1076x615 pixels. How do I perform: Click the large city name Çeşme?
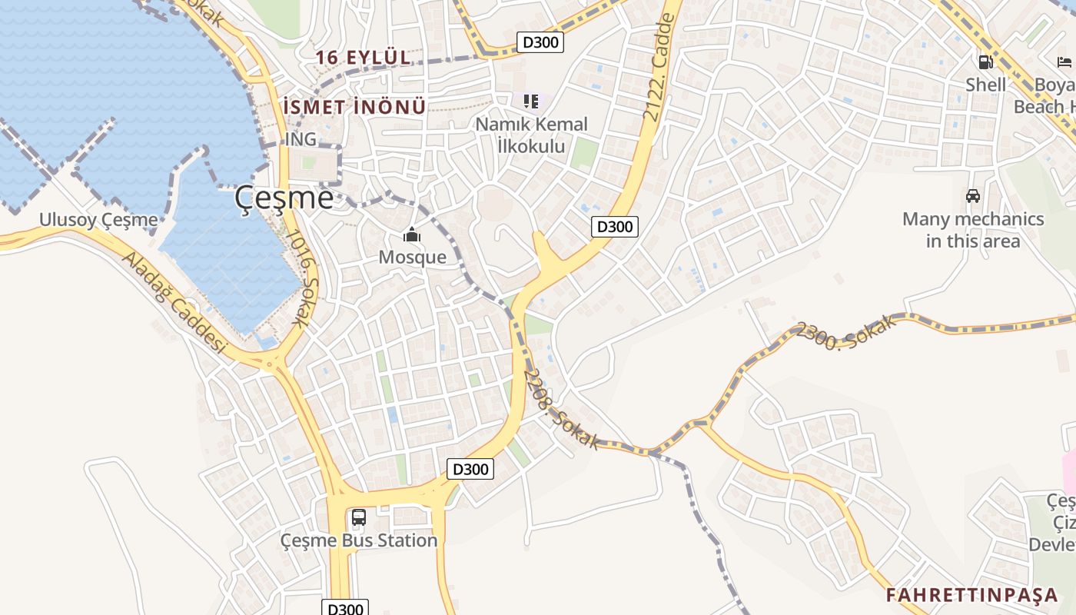point(284,199)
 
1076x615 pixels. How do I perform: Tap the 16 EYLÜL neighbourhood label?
point(362,58)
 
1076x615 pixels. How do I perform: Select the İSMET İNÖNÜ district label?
point(354,107)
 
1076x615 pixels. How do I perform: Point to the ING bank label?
point(300,139)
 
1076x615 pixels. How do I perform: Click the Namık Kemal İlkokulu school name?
point(531,135)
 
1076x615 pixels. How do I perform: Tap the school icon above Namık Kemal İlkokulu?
point(530,101)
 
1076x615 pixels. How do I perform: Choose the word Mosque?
point(412,257)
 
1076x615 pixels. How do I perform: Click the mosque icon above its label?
point(412,234)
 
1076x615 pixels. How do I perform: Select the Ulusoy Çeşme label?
point(98,221)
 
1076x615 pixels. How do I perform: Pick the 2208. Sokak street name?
point(560,409)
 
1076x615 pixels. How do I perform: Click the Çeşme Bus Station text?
point(359,540)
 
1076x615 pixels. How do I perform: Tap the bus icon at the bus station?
point(359,517)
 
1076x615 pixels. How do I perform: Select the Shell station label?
point(985,85)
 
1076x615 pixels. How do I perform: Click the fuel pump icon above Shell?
point(985,62)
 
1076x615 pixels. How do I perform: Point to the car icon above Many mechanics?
point(973,196)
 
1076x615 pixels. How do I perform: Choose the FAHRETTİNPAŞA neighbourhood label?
point(972,595)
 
